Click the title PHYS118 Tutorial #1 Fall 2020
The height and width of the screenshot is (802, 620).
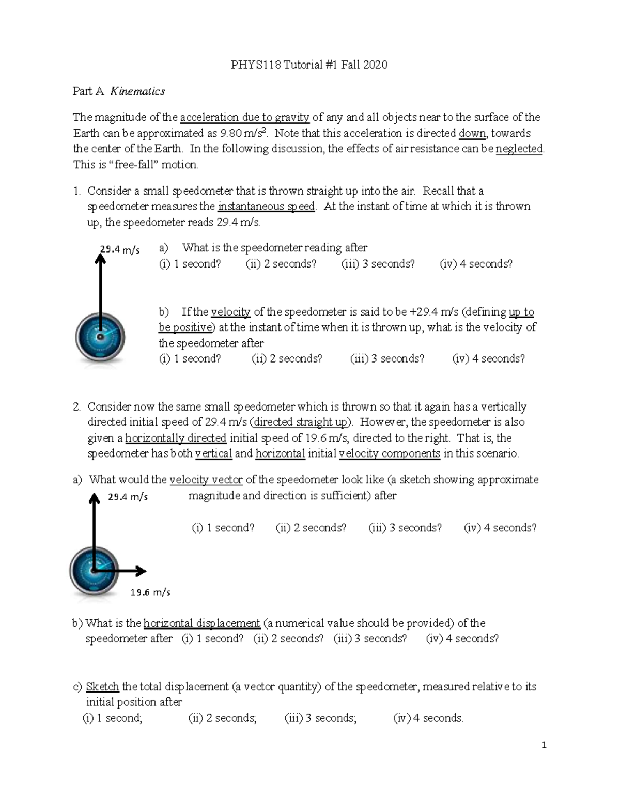click(x=309, y=65)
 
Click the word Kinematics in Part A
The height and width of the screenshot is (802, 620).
click(x=138, y=91)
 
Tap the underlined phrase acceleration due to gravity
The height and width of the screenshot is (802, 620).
click(x=244, y=117)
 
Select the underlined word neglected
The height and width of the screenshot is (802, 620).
click(x=519, y=149)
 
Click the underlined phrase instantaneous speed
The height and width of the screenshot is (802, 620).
click(x=266, y=207)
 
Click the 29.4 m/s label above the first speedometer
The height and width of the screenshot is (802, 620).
click(x=120, y=250)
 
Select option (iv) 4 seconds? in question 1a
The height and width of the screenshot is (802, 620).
click(x=476, y=264)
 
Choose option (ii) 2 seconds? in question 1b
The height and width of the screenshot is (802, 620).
click(x=287, y=359)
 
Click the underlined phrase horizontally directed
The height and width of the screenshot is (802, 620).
click(x=176, y=438)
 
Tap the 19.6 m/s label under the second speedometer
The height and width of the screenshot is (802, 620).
click(x=150, y=592)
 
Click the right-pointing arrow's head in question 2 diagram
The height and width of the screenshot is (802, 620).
click(x=141, y=571)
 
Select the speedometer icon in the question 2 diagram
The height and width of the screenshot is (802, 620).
click(x=94, y=571)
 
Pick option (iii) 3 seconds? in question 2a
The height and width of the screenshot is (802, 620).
click(x=405, y=528)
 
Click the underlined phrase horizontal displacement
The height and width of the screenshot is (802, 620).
click(x=202, y=623)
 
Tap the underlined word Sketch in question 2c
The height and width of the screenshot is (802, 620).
click(x=102, y=687)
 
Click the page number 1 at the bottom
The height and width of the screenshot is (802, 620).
click(x=544, y=745)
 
